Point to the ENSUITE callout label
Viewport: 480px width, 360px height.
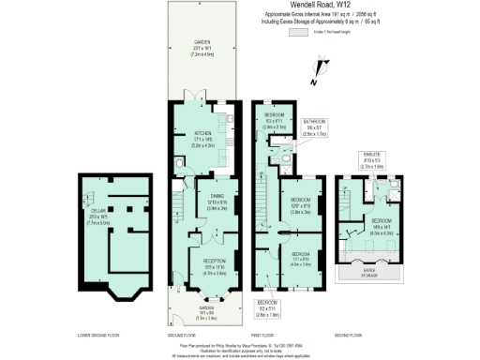coord(372,157)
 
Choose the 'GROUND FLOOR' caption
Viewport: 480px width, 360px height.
coord(195,334)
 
